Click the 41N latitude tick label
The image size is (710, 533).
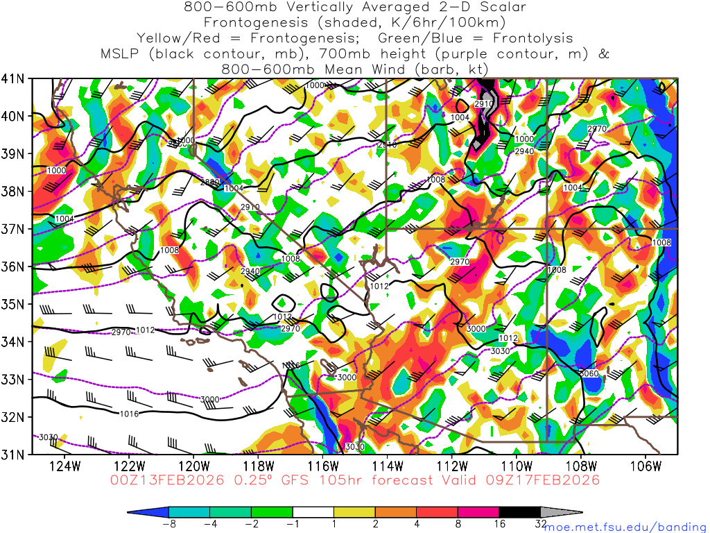point(15,78)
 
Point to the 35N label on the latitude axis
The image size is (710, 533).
point(15,304)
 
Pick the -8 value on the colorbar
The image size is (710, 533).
point(168,525)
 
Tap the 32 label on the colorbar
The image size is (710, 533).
point(541,525)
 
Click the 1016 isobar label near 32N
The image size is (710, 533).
point(129,414)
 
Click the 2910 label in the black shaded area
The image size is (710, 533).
point(483,103)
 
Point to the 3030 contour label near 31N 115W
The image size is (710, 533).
point(354,446)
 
